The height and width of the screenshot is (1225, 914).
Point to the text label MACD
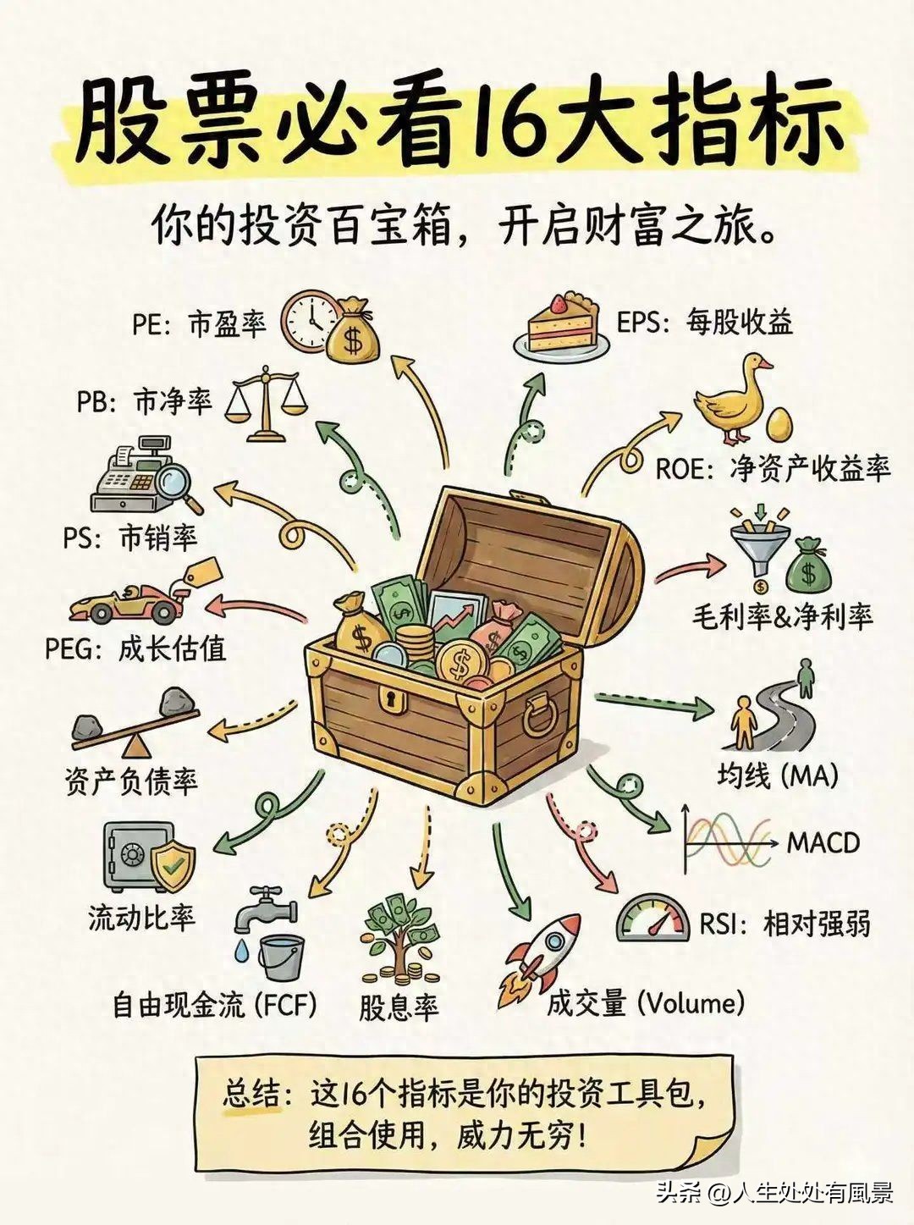823,842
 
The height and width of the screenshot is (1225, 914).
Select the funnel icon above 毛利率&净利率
759,547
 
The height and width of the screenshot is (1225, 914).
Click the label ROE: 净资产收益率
773,468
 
